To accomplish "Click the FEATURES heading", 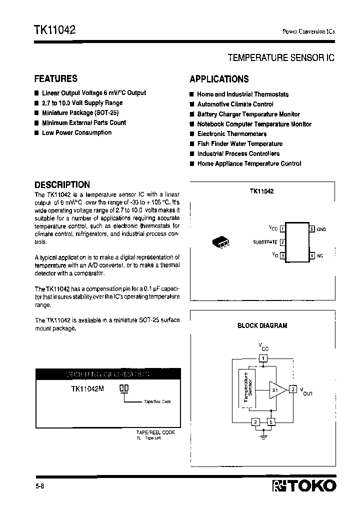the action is click(x=55, y=78).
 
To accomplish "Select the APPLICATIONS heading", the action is click(x=219, y=79).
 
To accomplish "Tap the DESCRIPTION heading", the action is click(x=62, y=184).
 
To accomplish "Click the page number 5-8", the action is click(x=38, y=485).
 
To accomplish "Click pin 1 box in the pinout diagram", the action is click(x=282, y=229).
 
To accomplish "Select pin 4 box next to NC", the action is click(x=312, y=255).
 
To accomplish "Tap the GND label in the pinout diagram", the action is click(x=321, y=229).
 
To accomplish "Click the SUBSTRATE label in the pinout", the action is click(x=265, y=242).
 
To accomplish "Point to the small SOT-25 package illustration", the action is click(x=220, y=241).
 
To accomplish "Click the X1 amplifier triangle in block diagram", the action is click(x=276, y=389).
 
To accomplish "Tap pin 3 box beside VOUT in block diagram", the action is click(x=294, y=389).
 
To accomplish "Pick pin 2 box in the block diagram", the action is click(x=255, y=421).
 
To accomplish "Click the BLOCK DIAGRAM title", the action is click(x=262, y=325).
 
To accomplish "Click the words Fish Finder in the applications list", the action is click(x=213, y=143).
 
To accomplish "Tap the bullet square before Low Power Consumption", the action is click(x=36, y=132).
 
